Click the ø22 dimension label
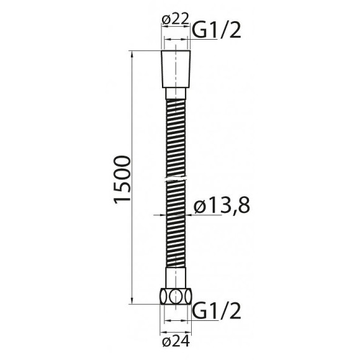[x=175, y=19]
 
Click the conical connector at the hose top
[x=177, y=70]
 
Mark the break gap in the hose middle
[x=177, y=179]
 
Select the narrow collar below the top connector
[x=177, y=92]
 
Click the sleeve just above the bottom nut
[x=177, y=277]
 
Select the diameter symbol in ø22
[x=166, y=19]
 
